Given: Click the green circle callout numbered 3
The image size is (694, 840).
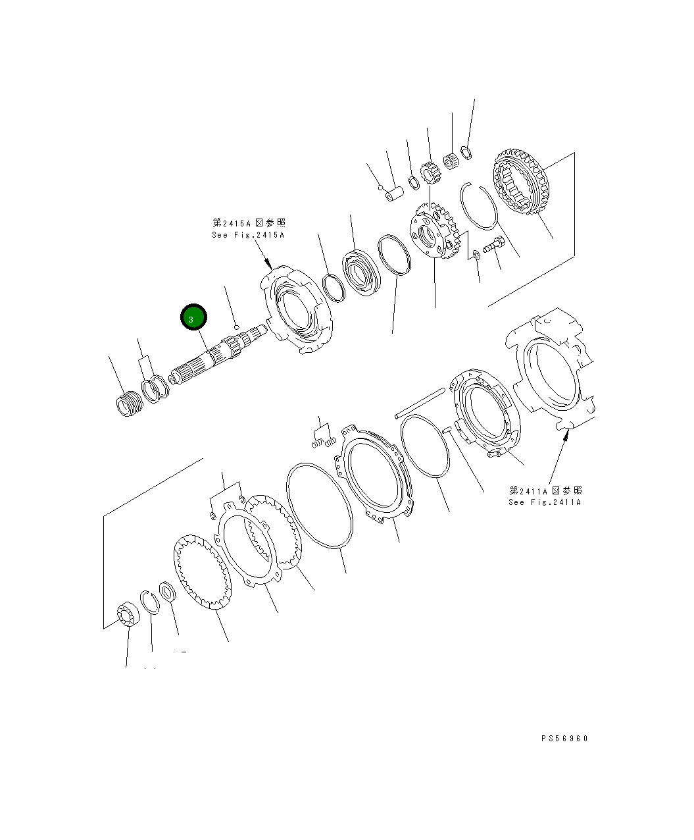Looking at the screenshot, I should (194, 319).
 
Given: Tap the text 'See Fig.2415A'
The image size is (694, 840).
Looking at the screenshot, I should (248, 235).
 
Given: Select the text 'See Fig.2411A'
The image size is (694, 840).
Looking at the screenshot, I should (545, 502).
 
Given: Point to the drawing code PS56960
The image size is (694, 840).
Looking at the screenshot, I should (564, 738).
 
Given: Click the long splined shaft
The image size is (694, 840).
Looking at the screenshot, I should (217, 359).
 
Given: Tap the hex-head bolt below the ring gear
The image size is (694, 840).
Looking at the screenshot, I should (493, 246).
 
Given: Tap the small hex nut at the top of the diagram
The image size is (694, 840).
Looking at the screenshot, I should (464, 152).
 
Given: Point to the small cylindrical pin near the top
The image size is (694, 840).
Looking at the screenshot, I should (396, 196).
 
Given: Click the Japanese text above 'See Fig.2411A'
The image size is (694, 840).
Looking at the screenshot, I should (545, 490).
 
